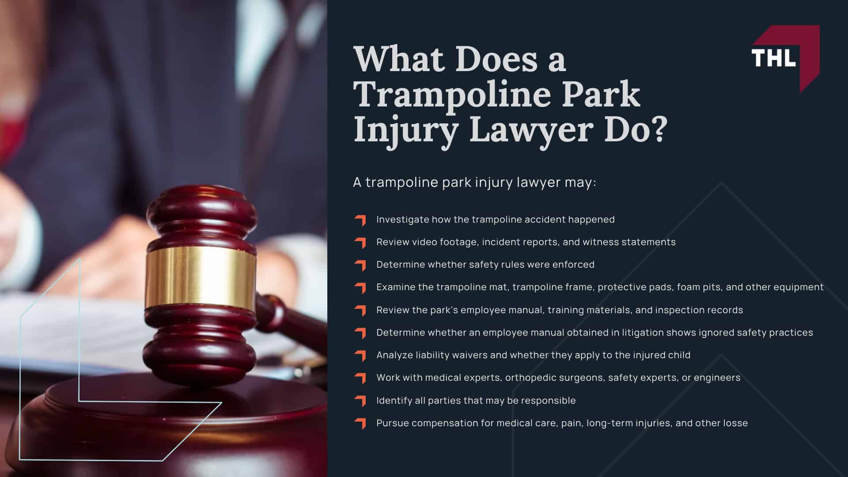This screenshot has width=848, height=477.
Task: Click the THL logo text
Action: coord(773,57)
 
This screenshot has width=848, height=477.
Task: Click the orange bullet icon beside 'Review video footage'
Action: coord(360,242)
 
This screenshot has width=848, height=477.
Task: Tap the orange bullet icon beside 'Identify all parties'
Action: coord(360,401)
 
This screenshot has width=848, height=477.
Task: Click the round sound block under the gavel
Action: coord(168,424)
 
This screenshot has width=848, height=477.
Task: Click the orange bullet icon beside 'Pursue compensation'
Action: coord(360,424)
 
